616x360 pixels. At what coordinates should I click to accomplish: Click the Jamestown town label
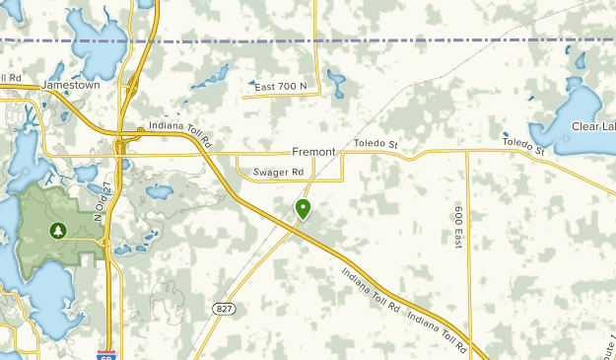coord(71,86)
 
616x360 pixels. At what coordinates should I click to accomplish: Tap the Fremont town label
coord(313,152)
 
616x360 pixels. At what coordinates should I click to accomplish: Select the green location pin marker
coord(303,208)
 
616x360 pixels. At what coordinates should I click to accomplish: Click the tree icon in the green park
coord(58,231)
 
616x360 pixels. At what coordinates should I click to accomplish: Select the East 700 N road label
coord(281,88)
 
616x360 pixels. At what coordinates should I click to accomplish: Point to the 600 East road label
coord(458,227)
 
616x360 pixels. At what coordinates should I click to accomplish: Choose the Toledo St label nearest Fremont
coord(376,145)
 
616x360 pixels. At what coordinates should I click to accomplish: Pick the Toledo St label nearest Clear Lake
coord(522,147)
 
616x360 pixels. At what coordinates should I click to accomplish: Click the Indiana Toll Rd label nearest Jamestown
coord(180,134)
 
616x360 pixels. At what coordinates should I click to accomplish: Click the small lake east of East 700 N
coord(336,85)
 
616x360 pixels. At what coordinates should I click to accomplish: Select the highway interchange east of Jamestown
coord(131,90)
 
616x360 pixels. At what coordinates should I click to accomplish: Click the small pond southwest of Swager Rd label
coord(158,191)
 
